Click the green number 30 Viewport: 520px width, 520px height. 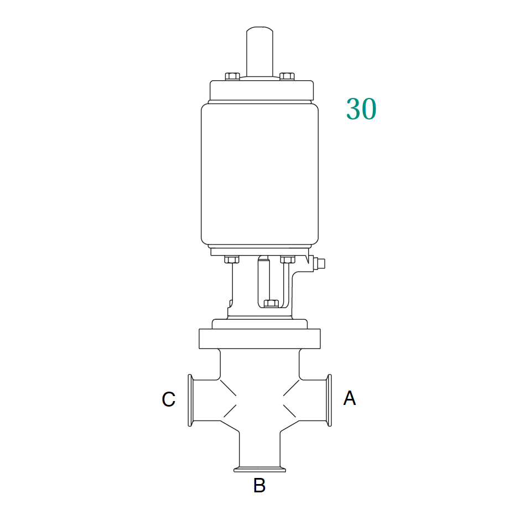point(361,109)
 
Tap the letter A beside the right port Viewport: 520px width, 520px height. point(349,398)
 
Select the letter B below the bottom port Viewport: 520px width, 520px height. point(259,486)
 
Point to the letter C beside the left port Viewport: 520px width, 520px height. point(169,399)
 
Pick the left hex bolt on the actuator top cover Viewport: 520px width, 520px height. point(232,76)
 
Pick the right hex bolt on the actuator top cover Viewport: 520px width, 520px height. point(287,76)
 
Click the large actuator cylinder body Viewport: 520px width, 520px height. point(259,174)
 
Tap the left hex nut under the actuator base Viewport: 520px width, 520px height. point(231,259)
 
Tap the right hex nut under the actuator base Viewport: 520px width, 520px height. point(287,259)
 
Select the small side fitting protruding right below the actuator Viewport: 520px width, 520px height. point(319,264)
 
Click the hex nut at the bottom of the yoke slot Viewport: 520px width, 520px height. point(271,303)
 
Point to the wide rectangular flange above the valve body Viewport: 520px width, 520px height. point(259,339)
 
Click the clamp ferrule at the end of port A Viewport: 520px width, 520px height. point(330,400)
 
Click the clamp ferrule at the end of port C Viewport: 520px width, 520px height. point(190,400)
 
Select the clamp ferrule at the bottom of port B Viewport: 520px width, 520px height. point(259,470)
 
